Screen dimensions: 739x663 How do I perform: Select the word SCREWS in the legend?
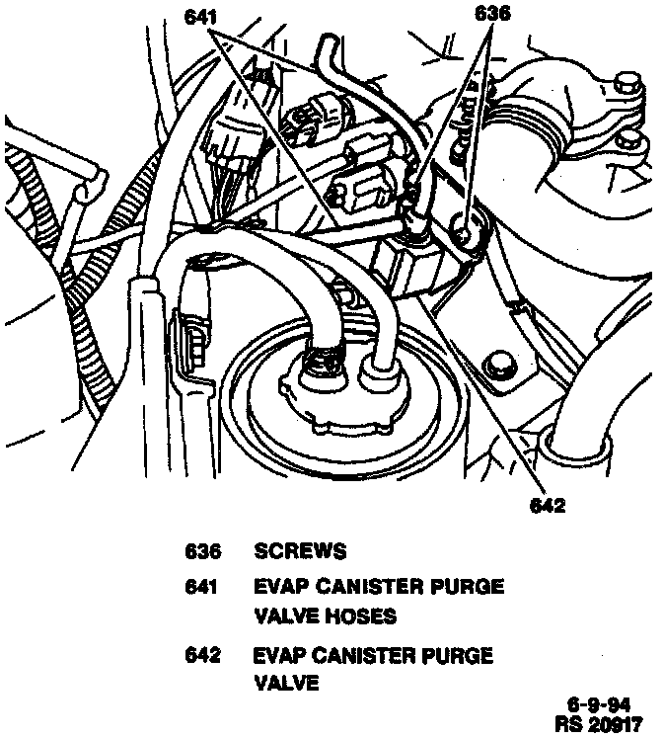(x=301, y=551)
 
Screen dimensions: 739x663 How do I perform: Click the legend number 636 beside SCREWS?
(x=202, y=551)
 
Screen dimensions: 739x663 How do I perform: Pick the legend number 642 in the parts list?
(x=202, y=656)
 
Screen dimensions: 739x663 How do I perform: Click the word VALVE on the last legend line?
(x=286, y=683)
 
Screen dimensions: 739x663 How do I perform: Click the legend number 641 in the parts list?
(x=202, y=587)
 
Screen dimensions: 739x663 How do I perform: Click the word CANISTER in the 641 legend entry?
(x=371, y=587)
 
